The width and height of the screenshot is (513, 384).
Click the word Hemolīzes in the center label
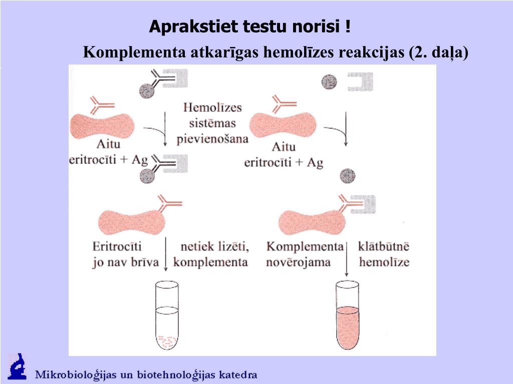(x=212, y=108)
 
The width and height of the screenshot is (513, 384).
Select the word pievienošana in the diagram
(x=213, y=139)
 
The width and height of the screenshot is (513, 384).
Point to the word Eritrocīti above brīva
(x=117, y=246)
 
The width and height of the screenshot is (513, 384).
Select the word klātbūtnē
(x=384, y=246)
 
